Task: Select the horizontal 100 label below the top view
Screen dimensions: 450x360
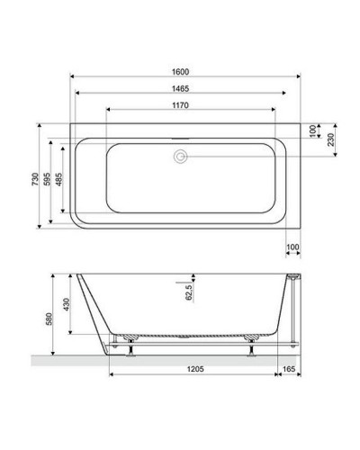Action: point(292,247)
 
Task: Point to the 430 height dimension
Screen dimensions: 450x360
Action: point(65,306)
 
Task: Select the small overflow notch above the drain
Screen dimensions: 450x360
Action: point(181,140)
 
